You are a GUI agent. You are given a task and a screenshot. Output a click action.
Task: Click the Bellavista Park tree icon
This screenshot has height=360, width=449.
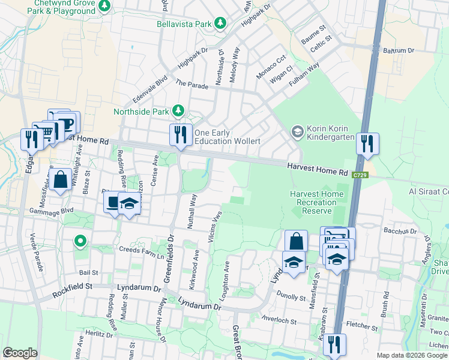221,23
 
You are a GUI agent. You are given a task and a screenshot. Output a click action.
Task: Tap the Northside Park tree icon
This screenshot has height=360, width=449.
178,110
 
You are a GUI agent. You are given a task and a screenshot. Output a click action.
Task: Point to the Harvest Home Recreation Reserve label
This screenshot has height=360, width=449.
317,203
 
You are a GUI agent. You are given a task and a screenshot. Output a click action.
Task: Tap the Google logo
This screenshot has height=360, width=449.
20,353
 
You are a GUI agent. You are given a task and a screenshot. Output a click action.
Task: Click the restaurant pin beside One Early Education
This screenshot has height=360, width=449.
181,135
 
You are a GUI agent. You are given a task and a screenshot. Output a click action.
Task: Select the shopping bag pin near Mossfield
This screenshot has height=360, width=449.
61,179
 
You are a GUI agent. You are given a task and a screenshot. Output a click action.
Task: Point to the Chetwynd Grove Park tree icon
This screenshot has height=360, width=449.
105,5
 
